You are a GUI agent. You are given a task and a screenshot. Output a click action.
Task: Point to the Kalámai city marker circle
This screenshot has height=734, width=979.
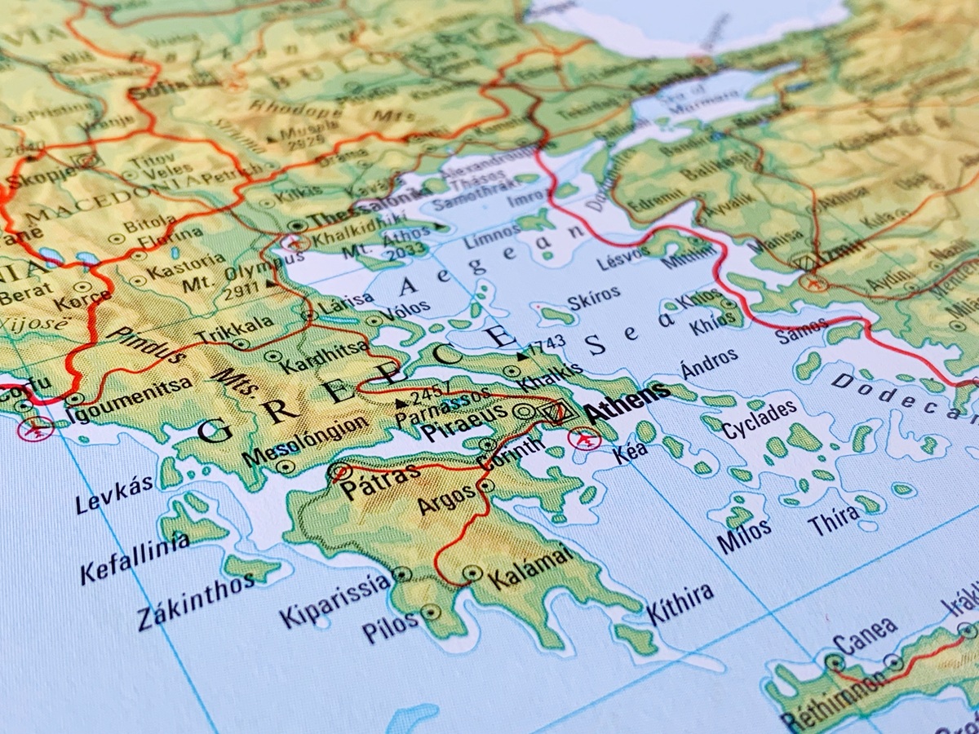[x=472, y=573]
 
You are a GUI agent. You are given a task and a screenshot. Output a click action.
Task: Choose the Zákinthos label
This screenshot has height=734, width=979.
[x=184, y=600]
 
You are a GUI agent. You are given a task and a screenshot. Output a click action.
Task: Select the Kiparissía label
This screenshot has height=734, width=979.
[x=335, y=600]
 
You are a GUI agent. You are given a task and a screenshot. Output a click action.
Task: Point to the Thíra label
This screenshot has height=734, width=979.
[x=834, y=520]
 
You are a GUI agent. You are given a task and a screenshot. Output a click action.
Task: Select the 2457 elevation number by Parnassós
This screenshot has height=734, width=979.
[x=432, y=397]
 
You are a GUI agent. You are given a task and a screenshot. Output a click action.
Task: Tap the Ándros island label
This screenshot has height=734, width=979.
[x=710, y=364]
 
